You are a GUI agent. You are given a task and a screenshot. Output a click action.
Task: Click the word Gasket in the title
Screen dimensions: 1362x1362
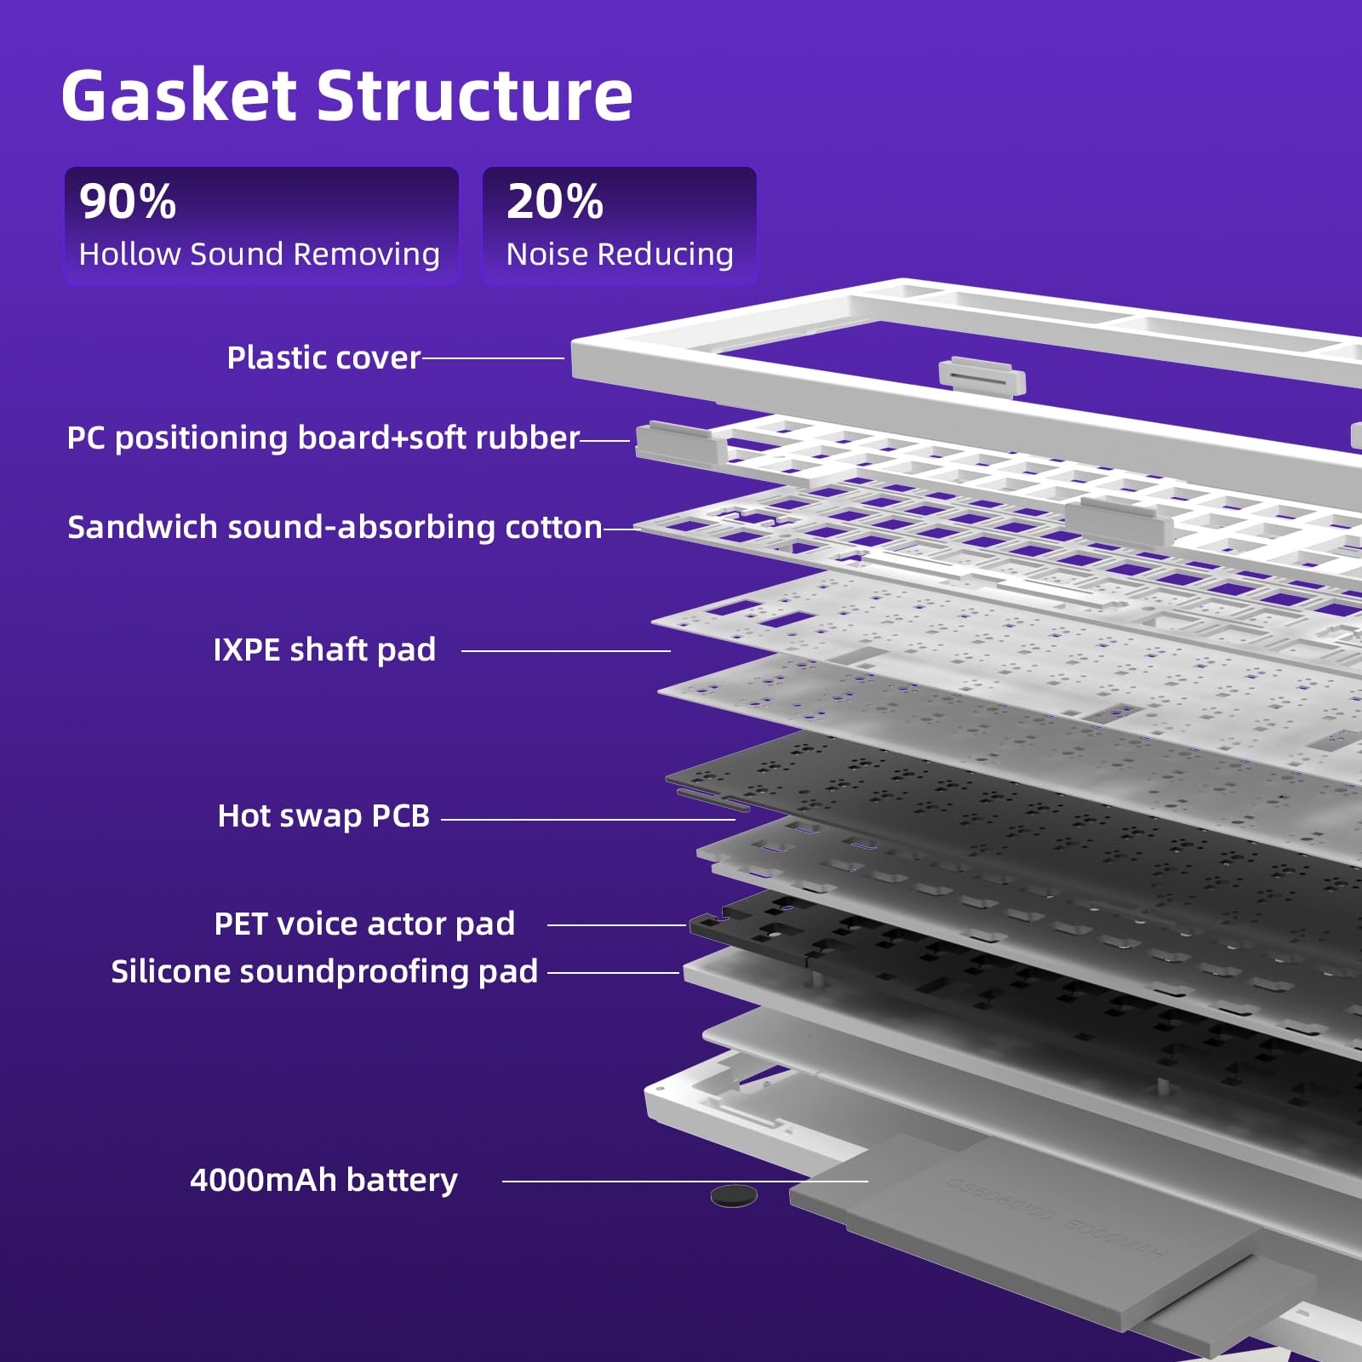179,94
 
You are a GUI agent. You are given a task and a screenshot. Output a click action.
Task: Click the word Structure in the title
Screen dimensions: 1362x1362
475,94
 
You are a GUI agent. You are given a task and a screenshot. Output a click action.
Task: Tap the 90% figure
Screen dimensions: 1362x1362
128,202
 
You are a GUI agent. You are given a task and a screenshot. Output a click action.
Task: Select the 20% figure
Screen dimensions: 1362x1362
555,202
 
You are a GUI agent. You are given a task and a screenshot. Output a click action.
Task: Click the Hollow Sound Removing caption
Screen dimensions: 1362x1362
260,254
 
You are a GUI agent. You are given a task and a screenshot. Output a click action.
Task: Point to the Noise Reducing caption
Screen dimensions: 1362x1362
620,254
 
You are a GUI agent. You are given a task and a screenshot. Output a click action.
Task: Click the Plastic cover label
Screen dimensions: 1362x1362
323,358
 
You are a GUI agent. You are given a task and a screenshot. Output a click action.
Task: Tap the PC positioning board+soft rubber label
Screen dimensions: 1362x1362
323,438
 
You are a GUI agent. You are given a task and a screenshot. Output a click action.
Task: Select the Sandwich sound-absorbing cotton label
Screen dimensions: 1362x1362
335,527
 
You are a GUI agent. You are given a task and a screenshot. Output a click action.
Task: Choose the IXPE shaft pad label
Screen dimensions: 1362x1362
324,650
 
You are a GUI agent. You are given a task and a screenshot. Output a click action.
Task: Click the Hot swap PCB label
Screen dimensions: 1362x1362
323,815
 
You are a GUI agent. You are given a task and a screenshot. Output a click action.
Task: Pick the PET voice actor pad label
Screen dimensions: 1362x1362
364,924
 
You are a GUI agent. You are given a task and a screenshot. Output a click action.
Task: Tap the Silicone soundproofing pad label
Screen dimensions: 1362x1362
324,971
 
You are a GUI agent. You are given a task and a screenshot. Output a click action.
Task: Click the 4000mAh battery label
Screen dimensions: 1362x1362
323,1180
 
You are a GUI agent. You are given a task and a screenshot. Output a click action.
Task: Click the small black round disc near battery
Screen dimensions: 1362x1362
734,1196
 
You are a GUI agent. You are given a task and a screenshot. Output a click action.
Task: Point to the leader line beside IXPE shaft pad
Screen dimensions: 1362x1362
566,651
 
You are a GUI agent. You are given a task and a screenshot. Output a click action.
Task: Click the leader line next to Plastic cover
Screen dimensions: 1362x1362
493,358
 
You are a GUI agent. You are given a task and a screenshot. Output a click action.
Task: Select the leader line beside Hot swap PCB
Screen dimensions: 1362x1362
588,820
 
